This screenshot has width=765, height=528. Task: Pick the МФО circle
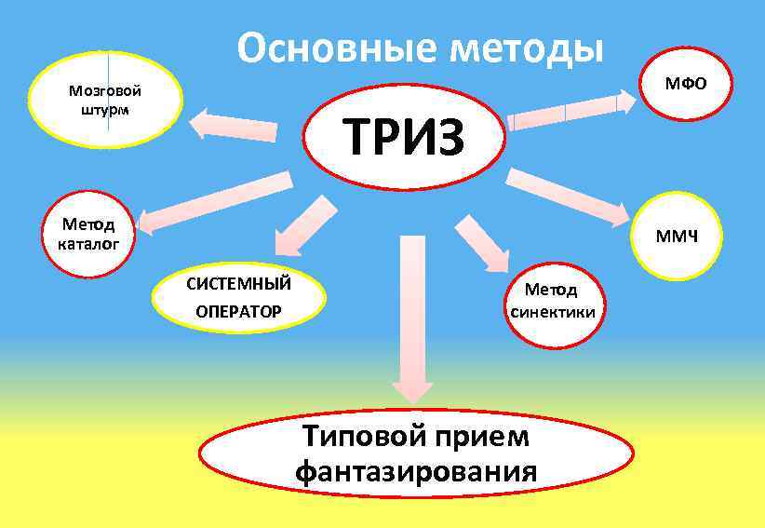click(x=684, y=85)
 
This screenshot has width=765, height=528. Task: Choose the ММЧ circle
click(x=676, y=237)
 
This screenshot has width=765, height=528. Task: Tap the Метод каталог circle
click(x=88, y=234)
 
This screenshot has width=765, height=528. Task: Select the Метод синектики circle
click(x=552, y=303)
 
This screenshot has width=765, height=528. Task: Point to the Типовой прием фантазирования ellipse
click(x=415, y=454)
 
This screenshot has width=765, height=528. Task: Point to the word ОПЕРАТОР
click(x=238, y=310)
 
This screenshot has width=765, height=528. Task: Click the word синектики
click(x=553, y=312)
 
